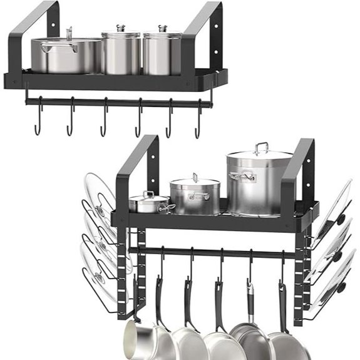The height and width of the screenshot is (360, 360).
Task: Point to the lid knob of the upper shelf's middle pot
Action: [x=121, y=28]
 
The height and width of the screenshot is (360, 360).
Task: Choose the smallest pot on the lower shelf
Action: [x=150, y=203]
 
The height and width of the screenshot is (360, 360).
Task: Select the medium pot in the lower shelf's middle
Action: [x=195, y=195]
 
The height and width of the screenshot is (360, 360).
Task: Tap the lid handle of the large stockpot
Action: [x=261, y=148]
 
